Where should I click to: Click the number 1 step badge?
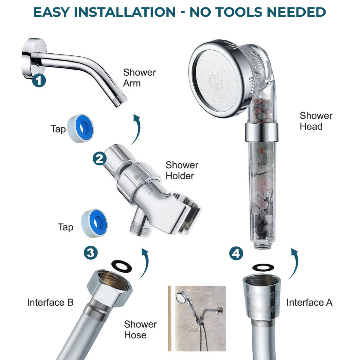pyautogui.click(x=39, y=81)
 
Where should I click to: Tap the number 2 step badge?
pyautogui.click(x=99, y=159)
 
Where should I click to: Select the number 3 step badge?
pyautogui.click(x=91, y=253)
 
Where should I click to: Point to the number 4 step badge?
pyautogui.click(x=236, y=253)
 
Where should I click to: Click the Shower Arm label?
pyautogui.click(x=139, y=78)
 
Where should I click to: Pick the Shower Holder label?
pyautogui.click(x=182, y=171)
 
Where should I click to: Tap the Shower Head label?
pyautogui.click(x=316, y=121)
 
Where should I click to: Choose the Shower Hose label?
pyautogui.click(x=140, y=330)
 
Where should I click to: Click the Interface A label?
pyautogui.click(x=310, y=302)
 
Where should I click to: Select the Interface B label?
pyautogui.click(x=50, y=302)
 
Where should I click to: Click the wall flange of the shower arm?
pyautogui.click(x=32, y=58)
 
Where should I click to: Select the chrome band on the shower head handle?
pyautogui.click(x=261, y=132)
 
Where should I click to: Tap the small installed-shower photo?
pyautogui.click(x=197, y=318)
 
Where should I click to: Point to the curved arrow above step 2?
pyautogui.click(x=138, y=130)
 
